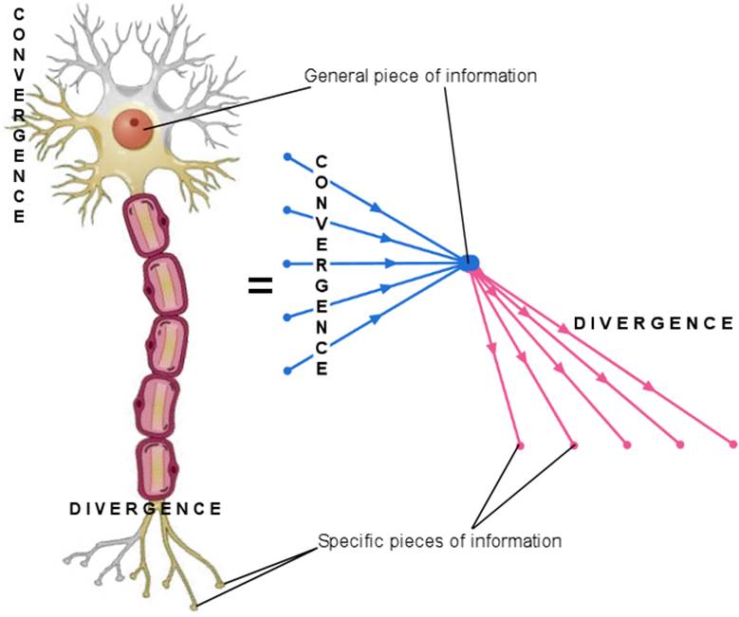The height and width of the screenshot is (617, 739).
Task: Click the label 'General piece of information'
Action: tap(420, 76)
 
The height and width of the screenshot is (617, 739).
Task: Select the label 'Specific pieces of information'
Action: tap(439, 541)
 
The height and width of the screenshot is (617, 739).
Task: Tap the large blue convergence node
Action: tap(471, 263)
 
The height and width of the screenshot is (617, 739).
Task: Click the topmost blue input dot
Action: tap(287, 156)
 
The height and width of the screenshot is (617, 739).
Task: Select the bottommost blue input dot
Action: tap(287, 369)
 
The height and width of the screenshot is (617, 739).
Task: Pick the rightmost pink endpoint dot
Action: tap(733, 444)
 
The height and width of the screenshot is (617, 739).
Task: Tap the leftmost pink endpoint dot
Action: tap(520, 444)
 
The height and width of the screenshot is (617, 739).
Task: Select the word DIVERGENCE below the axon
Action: tap(145, 509)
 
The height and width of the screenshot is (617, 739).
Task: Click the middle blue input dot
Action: tap(287, 263)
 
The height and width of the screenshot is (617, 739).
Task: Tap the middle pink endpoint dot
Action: tap(626, 444)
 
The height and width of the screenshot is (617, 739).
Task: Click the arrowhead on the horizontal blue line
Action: tap(392, 263)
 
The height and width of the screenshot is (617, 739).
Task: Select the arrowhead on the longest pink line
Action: tap(649, 386)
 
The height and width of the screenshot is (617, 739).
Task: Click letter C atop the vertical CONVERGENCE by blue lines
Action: tap(322, 159)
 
